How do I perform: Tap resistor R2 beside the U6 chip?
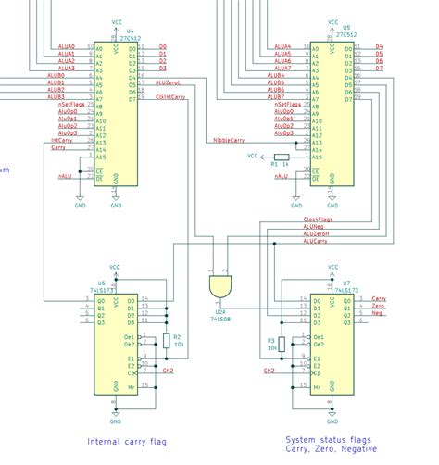coord(167,340)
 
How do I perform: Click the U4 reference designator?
coord(129,31)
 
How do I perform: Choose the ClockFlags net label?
coord(318,218)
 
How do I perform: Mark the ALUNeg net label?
coord(312,226)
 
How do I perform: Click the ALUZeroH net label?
coord(315,233)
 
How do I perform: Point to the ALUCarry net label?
coord(315,241)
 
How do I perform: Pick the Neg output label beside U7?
coord(377,313)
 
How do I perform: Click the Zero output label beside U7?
coord(378,306)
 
